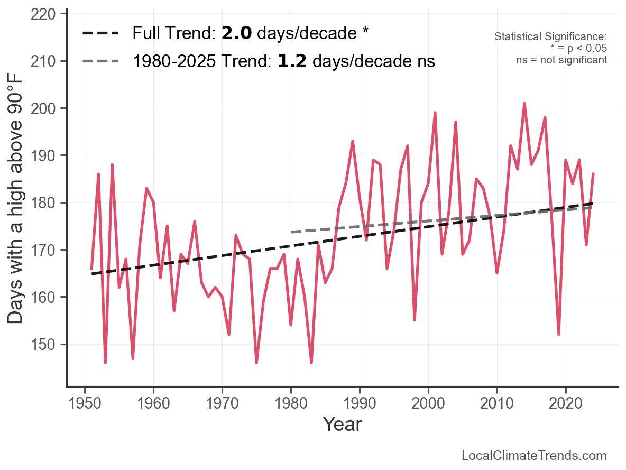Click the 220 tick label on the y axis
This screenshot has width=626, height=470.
click(x=43, y=14)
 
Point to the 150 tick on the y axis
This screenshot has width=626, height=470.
click(x=43, y=344)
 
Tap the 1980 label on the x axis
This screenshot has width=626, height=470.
click(x=291, y=403)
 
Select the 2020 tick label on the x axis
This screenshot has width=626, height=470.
click(x=566, y=403)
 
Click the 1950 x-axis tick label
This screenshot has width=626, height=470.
click(x=85, y=403)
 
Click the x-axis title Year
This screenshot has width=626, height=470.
click(x=342, y=424)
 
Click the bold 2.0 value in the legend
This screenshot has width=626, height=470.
click(x=236, y=33)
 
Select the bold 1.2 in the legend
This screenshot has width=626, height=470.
click(x=292, y=61)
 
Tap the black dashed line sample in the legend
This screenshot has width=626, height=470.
click(x=100, y=33)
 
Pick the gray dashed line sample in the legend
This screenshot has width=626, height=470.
click(x=100, y=61)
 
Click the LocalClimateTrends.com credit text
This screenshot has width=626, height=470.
click(x=534, y=456)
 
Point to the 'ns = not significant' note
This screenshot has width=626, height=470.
click(x=561, y=60)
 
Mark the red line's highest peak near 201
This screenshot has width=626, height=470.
click(x=524, y=104)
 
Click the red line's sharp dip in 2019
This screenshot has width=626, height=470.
click(x=559, y=334)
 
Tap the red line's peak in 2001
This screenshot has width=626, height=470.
click(x=435, y=113)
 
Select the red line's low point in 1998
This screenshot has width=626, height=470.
click(x=415, y=320)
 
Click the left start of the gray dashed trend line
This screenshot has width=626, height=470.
click(x=291, y=232)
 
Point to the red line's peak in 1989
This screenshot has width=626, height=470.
click(x=353, y=141)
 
